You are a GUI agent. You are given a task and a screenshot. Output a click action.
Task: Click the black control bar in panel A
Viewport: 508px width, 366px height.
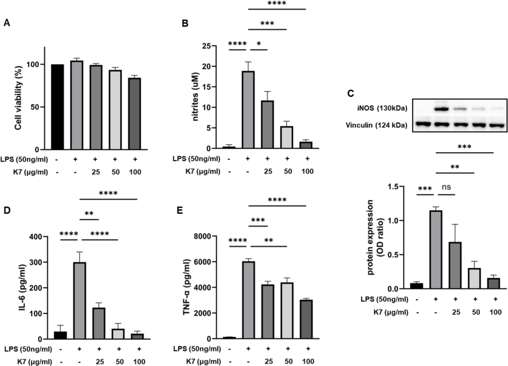click(x=58, y=107)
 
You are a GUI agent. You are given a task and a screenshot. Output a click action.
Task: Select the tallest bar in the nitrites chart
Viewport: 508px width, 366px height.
click(x=248, y=110)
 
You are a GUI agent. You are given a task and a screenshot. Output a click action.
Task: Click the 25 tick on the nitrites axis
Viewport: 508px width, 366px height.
click(x=212, y=46)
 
